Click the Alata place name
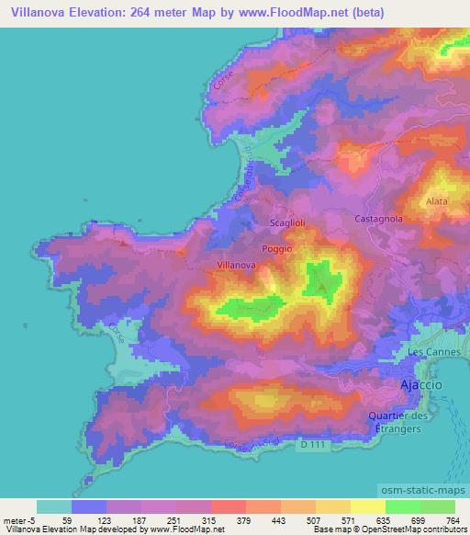point(437,199)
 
